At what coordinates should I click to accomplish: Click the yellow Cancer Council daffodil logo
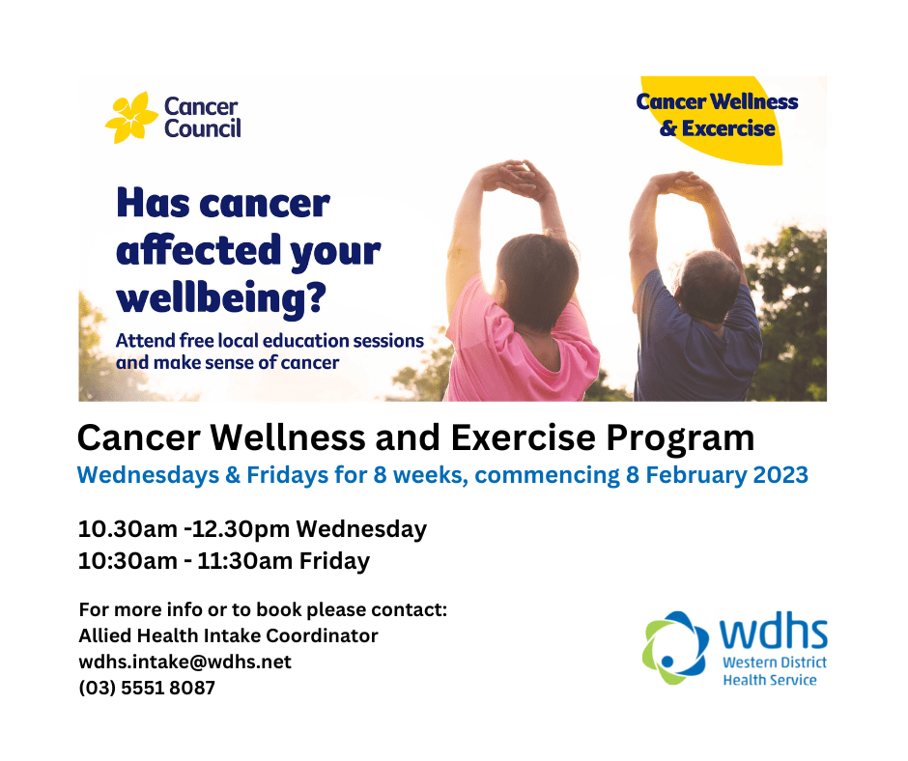[131, 118]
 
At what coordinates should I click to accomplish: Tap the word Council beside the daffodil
[203, 128]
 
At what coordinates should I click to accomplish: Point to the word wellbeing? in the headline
[220, 298]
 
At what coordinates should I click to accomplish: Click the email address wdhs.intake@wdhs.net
[184, 662]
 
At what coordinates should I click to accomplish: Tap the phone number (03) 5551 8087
[146, 688]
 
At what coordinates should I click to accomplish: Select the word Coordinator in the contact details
[323, 635]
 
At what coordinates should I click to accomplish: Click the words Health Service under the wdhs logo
[770, 680]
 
